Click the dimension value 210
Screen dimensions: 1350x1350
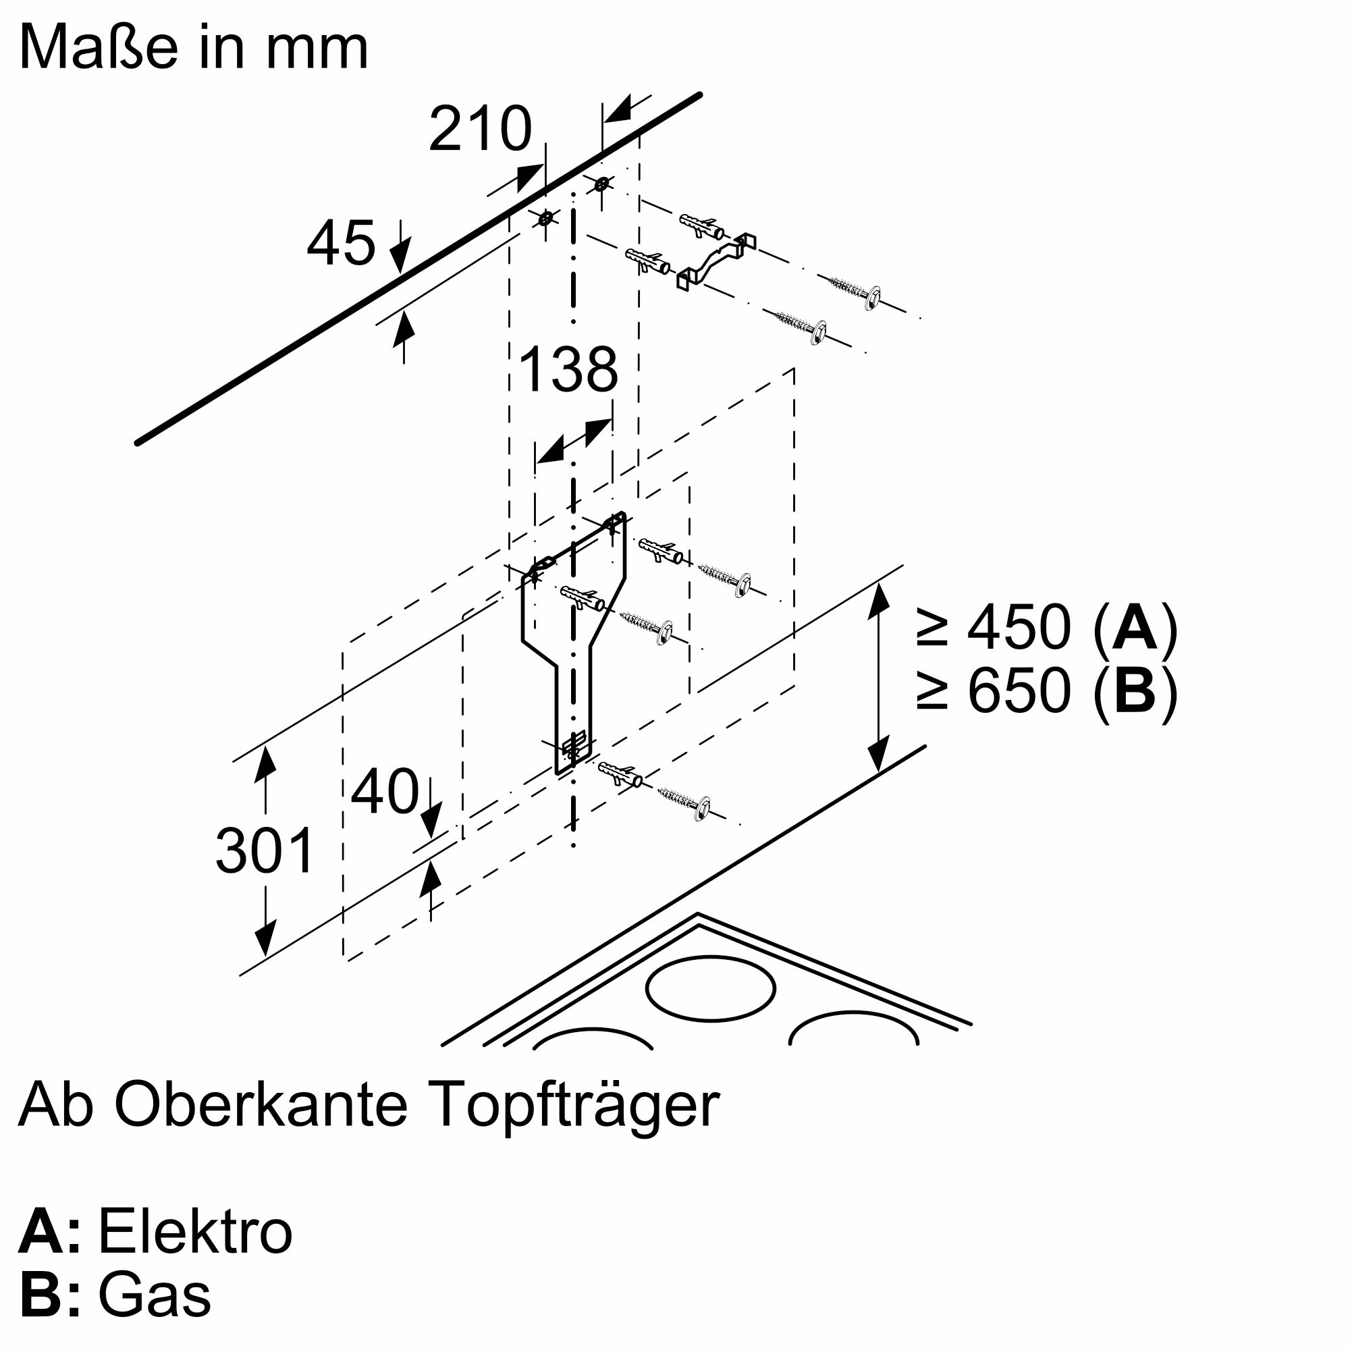480,130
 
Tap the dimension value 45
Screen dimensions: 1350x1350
341,243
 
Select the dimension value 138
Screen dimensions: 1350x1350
569,369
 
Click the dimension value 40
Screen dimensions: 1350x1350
384,792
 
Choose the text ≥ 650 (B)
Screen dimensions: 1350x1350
1047,691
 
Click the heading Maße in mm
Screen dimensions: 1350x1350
194,47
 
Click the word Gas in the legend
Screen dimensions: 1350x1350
155,1296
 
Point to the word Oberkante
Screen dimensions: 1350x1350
261,1104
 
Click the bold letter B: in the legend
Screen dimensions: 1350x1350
49,1296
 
